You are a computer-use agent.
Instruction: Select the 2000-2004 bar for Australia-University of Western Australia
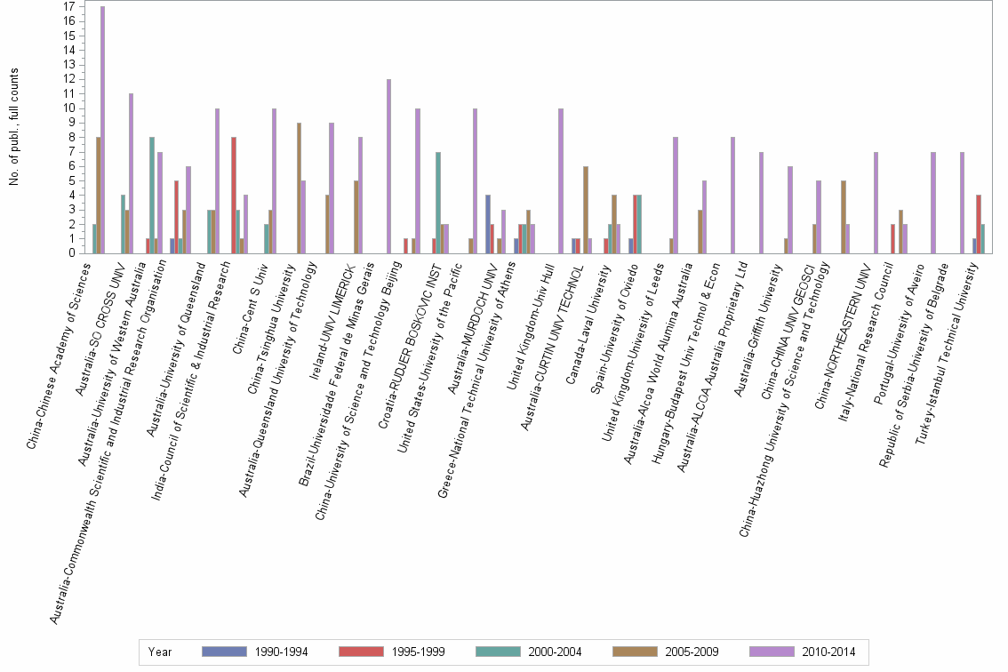pos(152,195)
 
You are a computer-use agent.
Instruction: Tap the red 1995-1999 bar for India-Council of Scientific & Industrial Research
pos(233,195)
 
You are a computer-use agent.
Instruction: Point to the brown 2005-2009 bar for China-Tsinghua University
pos(299,188)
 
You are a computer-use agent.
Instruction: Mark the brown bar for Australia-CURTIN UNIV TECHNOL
pos(586,210)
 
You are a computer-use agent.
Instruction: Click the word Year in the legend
pos(161,652)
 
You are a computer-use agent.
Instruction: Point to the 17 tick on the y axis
pos(69,7)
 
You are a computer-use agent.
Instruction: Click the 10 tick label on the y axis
pos(69,108)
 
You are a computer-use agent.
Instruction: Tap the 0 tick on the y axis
pos(72,253)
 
